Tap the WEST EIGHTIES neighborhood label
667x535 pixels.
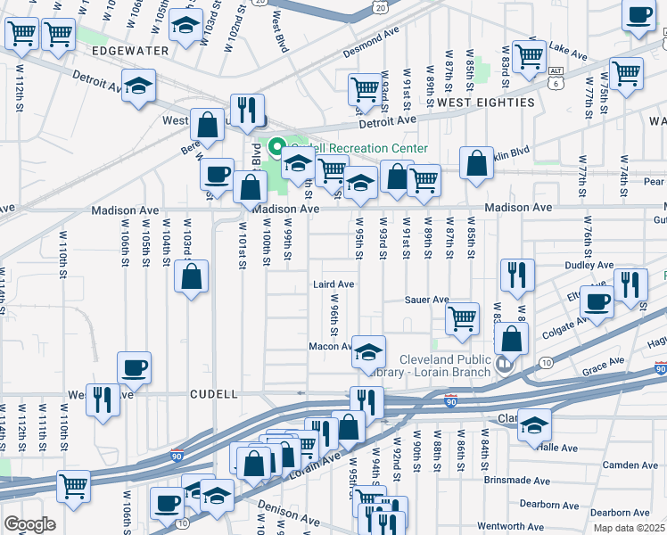(485, 103)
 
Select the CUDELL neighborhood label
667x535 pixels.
(213, 393)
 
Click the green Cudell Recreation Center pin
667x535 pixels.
(276, 148)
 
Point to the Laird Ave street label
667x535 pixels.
(333, 284)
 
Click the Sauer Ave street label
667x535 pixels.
(426, 300)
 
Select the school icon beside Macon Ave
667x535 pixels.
(367, 351)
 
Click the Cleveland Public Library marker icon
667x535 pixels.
(505, 363)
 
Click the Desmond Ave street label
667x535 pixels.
(371, 44)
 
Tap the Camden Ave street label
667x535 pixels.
(630, 465)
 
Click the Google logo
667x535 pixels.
(29, 524)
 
